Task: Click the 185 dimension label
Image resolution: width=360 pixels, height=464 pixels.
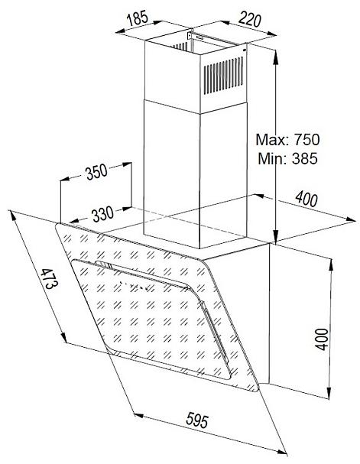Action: pos(138,18)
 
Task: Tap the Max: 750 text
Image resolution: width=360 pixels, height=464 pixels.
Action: pos(287,140)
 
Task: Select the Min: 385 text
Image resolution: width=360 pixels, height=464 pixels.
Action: pos(287,158)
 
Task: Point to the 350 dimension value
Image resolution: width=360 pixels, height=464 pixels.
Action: pos(96,172)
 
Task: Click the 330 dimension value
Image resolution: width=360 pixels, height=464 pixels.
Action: pos(102,213)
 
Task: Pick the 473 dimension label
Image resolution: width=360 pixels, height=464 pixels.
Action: pos(49,279)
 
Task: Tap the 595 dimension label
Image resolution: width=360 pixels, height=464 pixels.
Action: pos(197,420)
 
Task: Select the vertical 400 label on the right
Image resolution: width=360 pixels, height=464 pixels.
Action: pos(322,339)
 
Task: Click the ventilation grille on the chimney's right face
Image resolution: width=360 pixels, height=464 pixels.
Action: pos(223,76)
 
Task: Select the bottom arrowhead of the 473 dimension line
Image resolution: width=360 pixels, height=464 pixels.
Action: pos(63,337)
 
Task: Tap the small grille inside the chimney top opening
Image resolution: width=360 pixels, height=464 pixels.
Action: pos(180,47)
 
